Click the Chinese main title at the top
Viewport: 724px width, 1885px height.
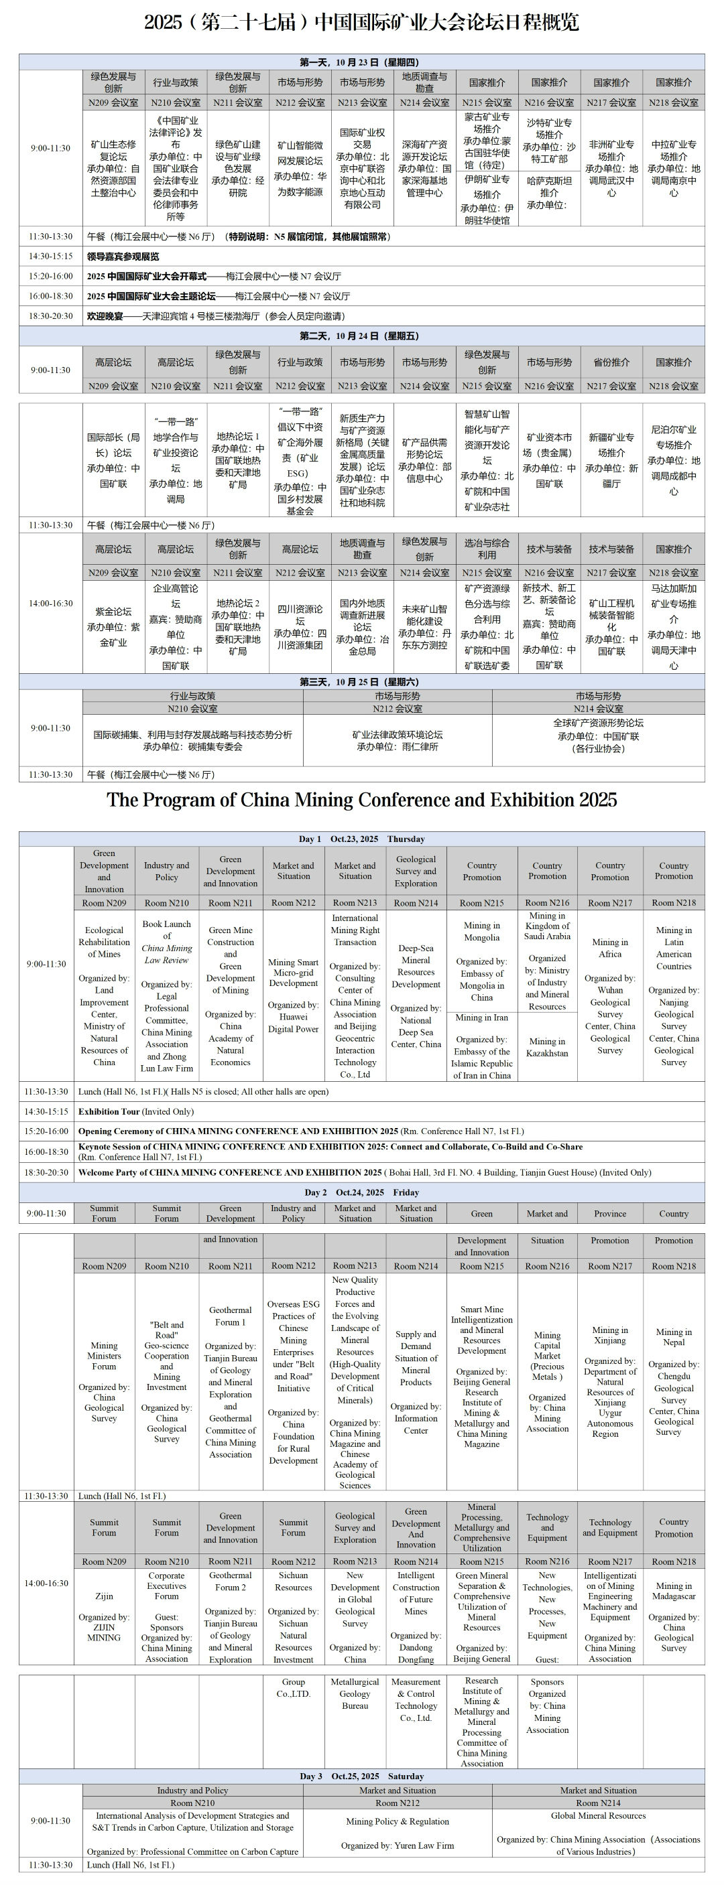361,23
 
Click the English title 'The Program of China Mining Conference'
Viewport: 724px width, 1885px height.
361,800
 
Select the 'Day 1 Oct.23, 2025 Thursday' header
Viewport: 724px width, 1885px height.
361,839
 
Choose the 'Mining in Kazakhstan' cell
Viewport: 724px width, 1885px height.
547,1047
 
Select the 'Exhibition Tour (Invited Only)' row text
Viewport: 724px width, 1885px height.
136,1111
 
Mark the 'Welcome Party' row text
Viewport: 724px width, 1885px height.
365,1172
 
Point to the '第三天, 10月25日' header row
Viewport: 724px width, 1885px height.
361,682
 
